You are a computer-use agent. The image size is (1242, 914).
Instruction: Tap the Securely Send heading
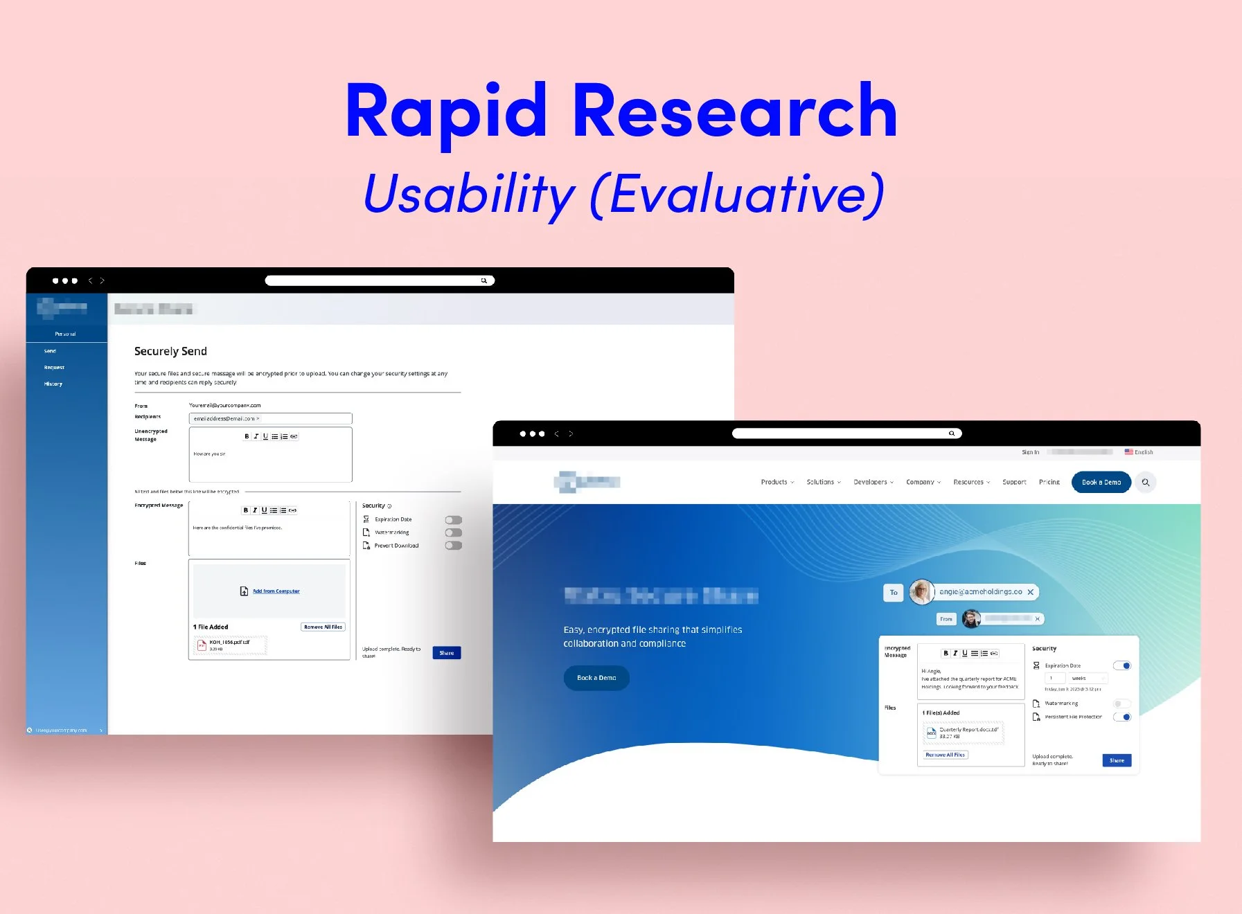point(170,351)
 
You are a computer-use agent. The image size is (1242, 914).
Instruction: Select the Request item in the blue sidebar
point(54,368)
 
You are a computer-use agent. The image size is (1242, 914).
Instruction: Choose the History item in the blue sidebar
point(53,384)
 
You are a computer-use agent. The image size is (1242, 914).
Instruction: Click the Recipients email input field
point(270,418)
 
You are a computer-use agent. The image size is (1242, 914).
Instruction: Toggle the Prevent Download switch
point(454,546)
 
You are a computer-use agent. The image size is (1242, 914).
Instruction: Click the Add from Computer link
point(276,591)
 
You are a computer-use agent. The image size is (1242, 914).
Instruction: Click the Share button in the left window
point(447,653)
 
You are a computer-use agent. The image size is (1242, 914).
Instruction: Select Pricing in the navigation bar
point(1049,482)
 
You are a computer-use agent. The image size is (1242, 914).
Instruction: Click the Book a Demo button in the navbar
point(1101,482)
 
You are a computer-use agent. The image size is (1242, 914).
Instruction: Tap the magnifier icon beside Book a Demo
point(1146,483)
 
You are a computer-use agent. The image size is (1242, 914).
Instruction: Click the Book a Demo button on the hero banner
point(596,678)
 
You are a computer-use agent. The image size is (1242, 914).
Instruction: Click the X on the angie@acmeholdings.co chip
point(1031,592)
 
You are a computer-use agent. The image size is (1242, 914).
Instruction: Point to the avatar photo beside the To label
point(922,592)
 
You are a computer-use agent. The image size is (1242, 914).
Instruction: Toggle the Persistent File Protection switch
point(1122,717)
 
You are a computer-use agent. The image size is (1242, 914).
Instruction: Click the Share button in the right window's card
point(1117,760)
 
